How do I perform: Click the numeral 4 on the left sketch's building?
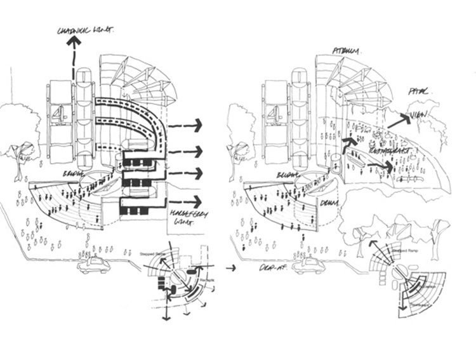pyautogui.click(x=59, y=116)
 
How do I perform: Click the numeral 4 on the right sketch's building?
pyautogui.click(x=274, y=115)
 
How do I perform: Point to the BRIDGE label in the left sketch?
pyautogui.click(x=70, y=173)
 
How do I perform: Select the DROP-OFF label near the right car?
pyautogui.click(x=272, y=268)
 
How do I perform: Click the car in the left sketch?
pyautogui.click(x=93, y=265)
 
